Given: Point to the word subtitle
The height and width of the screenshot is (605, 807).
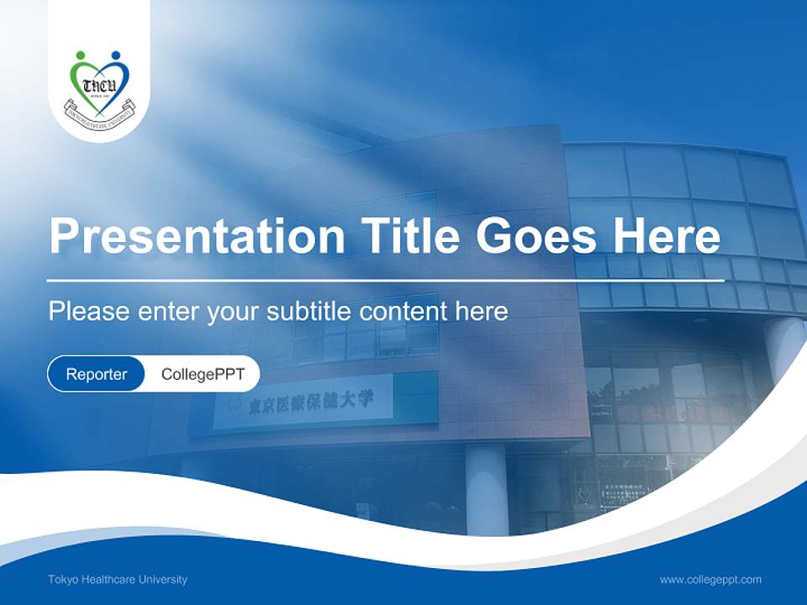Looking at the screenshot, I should (312, 312).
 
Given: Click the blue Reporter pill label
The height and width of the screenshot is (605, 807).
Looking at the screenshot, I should (96, 374).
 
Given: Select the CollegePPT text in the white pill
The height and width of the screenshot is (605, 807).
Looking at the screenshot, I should (203, 374).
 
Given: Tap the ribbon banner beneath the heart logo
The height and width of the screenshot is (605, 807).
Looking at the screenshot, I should (100, 113).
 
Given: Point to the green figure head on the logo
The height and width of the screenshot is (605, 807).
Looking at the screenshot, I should (81, 55).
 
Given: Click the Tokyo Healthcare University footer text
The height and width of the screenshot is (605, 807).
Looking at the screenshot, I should (118, 580).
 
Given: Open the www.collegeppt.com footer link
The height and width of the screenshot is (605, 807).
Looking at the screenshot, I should (710, 580).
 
